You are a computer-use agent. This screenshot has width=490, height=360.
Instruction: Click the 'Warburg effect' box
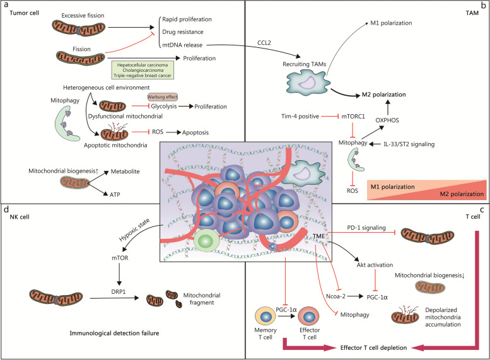click(163, 97)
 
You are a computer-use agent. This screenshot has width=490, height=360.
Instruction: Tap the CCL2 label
click(264, 43)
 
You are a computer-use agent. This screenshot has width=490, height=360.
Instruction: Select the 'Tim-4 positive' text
click(300, 117)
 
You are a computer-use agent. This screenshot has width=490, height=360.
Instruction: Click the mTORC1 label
click(353, 117)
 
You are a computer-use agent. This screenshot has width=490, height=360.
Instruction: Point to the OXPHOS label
click(387, 120)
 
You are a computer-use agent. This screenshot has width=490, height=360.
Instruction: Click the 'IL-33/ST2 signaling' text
click(409, 144)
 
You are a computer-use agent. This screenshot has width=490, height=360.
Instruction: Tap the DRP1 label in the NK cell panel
click(119, 291)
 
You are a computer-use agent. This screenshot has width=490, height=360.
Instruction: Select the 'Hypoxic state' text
click(134, 230)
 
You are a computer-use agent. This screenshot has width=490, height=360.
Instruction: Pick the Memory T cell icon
click(265, 316)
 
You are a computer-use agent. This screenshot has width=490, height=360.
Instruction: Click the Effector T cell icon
click(309, 316)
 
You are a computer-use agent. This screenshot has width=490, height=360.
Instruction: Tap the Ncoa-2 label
click(335, 296)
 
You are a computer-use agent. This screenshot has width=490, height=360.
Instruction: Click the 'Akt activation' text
click(375, 265)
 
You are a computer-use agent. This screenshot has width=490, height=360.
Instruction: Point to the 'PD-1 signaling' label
click(366, 228)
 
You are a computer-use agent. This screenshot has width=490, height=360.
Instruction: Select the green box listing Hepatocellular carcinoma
click(143, 70)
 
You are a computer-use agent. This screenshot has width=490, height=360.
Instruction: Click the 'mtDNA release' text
click(182, 45)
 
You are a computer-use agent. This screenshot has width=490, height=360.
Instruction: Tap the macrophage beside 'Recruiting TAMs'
click(308, 82)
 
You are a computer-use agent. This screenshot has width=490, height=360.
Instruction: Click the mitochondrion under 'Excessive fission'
click(78, 29)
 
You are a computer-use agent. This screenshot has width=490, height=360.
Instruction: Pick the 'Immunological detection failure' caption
click(114, 333)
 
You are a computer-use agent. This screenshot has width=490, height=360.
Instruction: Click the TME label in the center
click(318, 236)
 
